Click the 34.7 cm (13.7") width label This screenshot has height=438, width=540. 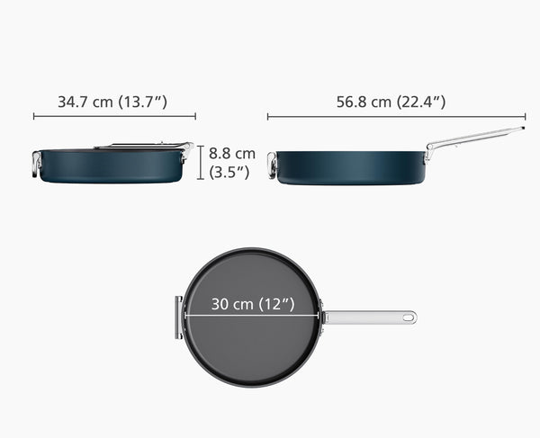[112, 102]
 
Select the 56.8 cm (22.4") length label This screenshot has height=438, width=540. [391, 102]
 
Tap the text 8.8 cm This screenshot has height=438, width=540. [232, 153]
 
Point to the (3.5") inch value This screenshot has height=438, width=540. [229, 172]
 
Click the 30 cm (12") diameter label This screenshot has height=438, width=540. [253, 304]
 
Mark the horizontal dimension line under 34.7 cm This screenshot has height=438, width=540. [114, 116]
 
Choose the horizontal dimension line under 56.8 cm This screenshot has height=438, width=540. [396, 116]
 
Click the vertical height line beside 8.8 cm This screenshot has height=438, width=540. [201, 161]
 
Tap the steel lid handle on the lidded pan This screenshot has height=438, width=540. [144, 146]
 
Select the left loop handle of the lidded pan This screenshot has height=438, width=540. [36, 165]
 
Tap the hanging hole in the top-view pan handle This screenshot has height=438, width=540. [408, 317]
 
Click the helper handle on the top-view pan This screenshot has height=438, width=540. [178, 317]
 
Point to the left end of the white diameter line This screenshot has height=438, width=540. [184, 316]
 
